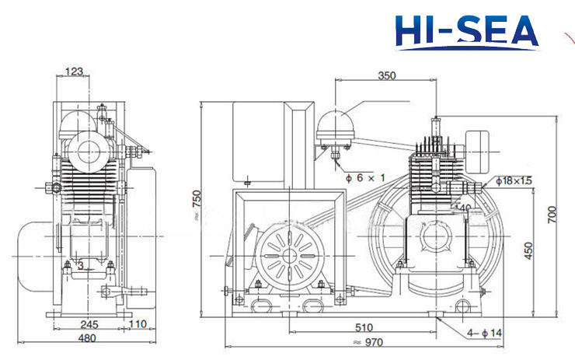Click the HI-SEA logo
click(465, 30)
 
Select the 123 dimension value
click(74, 72)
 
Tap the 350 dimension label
click(385, 76)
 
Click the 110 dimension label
click(138, 324)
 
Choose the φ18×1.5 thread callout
click(514, 180)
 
